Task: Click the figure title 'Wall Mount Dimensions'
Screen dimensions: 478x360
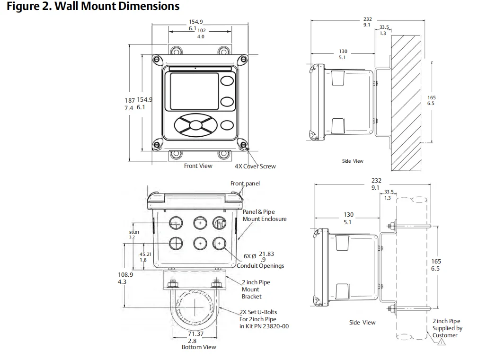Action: coord(117,6)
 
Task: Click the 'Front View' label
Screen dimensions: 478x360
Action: coord(198,166)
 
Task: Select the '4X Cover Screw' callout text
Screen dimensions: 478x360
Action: coord(255,167)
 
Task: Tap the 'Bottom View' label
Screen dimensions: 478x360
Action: coord(199,347)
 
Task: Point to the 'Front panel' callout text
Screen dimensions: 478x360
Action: coord(245,184)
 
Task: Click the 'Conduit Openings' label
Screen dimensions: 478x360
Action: coord(260,266)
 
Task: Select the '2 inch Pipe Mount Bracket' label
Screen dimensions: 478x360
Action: coord(256,290)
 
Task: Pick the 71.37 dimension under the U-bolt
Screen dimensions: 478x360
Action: coord(195,334)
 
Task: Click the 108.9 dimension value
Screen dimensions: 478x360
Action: coord(125,275)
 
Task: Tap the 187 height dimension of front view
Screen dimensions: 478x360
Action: coord(130,100)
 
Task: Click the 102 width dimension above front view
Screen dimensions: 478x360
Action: coord(202,30)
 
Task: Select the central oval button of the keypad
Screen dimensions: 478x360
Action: coord(195,125)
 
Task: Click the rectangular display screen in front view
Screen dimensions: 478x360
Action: coord(194,91)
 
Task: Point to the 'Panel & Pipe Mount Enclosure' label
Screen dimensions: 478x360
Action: coord(265,215)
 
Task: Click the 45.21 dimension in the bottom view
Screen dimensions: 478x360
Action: coord(145,254)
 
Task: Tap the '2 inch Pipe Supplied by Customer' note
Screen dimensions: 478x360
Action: coord(447,328)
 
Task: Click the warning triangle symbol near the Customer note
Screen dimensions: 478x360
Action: coord(442,342)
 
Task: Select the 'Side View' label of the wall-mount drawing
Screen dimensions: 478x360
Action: coord(353,161)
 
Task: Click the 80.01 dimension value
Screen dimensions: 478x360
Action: coord(134,232)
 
